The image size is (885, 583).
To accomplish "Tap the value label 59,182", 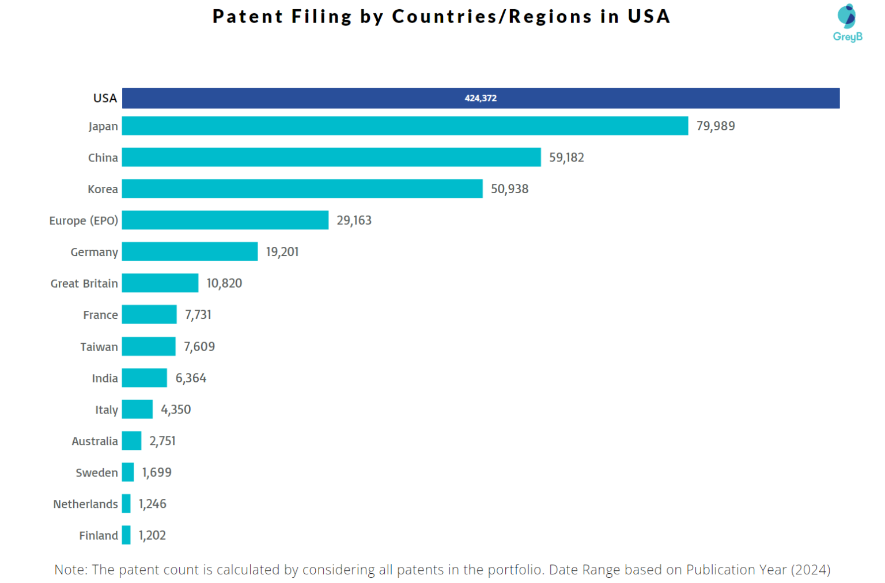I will pyautogui.click(x=566, y=157).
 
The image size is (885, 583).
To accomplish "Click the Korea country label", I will pyautogui.click(x=103, y=189).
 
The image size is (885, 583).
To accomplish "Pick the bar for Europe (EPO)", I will pyautogui.click(x=225, y=220).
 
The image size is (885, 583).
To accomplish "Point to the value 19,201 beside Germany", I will pyautogui.click(x=282, y=252).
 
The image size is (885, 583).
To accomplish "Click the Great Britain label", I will pyautogui.click(x=84, y=284).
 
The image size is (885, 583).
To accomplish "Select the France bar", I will pyautogui.click(x=149, y=315).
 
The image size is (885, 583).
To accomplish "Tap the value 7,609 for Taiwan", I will pyautogui.click(x=199, y=347).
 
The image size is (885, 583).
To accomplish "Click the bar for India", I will pyautogui.click(x=144, y=378).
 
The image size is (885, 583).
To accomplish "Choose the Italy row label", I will pyautogui.click(x=107, y=410).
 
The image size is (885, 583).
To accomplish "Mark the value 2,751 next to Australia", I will pyautogui.click(x=162, y=441).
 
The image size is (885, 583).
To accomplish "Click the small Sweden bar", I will pyautogui.click(x=128, y=472).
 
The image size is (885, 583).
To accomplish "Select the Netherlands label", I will pyautogui.click(x=85, y=504).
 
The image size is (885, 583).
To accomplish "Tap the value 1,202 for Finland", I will pyautogui.click(x=152, y=536).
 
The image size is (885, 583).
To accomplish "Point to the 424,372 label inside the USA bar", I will pyautogui.click(x=481, y=98).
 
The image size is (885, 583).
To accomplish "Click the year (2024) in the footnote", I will pyautogui.click(x=810, y=570).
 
